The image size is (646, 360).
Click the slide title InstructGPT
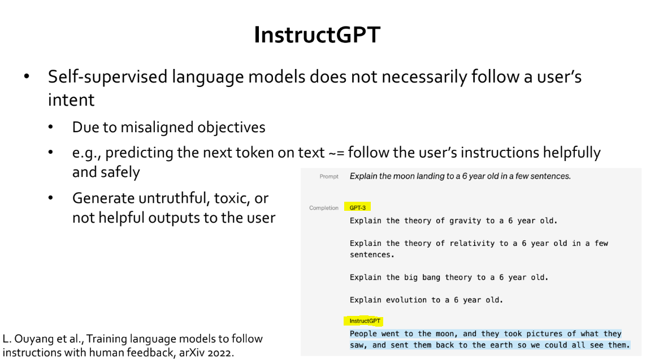point(317,34)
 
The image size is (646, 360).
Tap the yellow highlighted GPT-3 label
point(358,207)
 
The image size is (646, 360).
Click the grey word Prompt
point(329,176)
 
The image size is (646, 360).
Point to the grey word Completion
point(324,208)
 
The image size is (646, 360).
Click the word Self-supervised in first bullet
point(107,77)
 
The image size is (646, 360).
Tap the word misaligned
point(157,128)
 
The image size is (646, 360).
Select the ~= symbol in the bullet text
point(336,153)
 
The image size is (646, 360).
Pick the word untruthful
point(174,198)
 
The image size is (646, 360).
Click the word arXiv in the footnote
point(192,353)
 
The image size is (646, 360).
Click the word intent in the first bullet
point(71,100)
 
